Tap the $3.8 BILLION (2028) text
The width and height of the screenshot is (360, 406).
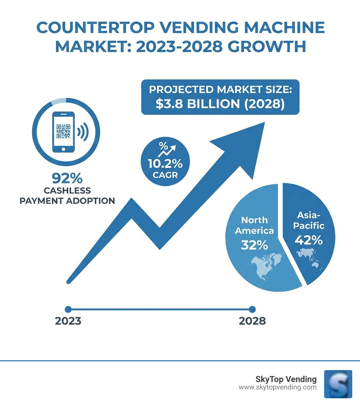(220, 104)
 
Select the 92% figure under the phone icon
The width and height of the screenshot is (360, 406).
(67, 178)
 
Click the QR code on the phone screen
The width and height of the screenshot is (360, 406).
(63, 132)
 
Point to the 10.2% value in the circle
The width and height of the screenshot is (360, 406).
(165, 164)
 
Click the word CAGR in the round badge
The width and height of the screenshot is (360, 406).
(165, 175)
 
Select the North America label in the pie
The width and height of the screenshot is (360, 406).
(254, 226)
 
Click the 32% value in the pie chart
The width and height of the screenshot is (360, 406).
(254, 245)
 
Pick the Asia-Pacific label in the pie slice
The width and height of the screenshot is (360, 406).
(310, 220)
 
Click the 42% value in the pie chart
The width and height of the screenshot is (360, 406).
(309, 240)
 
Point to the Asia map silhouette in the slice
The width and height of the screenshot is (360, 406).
(309, 259)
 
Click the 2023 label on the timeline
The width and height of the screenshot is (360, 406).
(68, 321)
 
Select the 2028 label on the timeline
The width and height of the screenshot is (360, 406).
(252, 321)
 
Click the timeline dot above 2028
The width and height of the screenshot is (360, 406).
(252, 309)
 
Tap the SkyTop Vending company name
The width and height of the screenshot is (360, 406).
(286, 379)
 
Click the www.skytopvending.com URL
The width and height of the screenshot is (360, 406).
(277, 387)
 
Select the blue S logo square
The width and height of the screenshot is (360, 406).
(338, 384)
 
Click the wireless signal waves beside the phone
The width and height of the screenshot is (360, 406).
(83, 132)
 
